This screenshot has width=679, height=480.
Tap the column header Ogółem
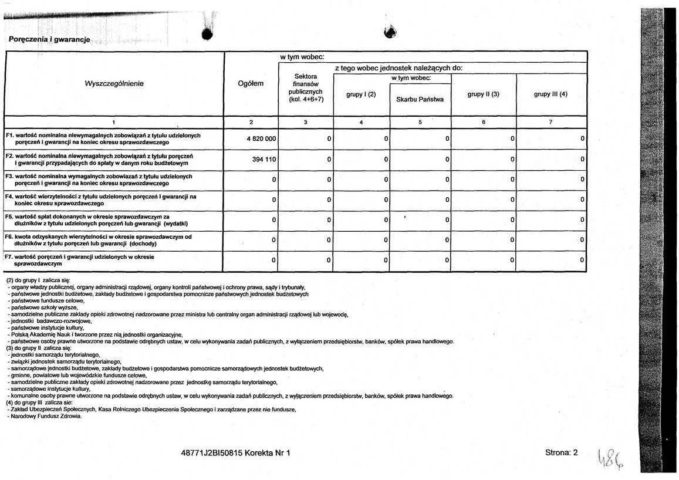tap(251, 83)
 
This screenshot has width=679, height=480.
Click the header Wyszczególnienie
tap(114, 83)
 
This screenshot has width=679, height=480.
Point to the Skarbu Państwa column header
tap(420, 99)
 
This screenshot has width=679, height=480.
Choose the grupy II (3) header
tap(483, 94)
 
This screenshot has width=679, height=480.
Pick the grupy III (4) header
tap(550, 94)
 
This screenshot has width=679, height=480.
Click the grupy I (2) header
tap(361, 94)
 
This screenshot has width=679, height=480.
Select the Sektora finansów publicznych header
tap(306, 88)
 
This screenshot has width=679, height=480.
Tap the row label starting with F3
tap(100, 180)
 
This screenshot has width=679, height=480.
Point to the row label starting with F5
tap(94, 220)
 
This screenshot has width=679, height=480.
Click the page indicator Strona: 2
tap(561, 452)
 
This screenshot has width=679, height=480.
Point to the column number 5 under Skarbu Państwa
tap(420, 122)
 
